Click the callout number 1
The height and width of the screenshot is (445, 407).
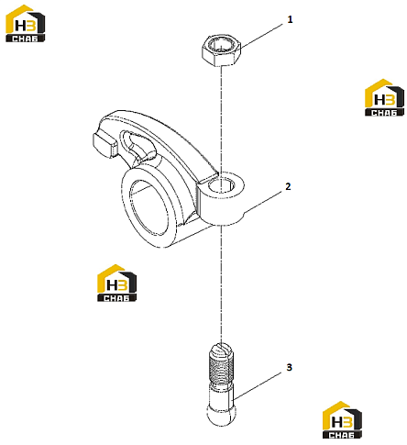point(290,19)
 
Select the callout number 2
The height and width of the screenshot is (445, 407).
point(288,186)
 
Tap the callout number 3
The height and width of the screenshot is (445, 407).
point(289,367)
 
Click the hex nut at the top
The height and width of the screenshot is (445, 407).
point(221,50)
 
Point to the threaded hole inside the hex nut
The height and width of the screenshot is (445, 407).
point(221,45)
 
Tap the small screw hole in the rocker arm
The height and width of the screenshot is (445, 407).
point(221,184)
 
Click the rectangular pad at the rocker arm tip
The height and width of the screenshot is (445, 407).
point(104,143)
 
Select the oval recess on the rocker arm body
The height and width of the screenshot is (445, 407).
point(138,145)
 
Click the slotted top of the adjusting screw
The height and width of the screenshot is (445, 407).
point(221,349)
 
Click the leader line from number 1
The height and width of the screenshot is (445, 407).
point(261,36)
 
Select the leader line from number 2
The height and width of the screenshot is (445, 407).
point(263,202)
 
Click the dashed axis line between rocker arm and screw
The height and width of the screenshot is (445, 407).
point(221,284)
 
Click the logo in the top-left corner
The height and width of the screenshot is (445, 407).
point(26,23)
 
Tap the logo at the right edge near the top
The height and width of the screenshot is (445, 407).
point(384,97)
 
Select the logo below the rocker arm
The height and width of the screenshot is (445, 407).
point(116,283)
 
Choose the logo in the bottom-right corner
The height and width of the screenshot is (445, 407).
point(342,419)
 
